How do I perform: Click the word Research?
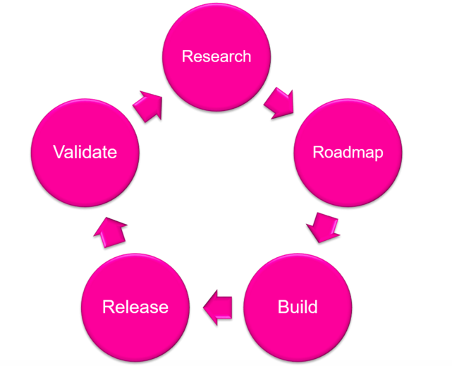click(x=216, y=57)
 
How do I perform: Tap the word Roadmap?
click(x=348, y=153)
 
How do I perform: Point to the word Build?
click(x=298, y=307)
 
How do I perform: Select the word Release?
click(x=135, y=307)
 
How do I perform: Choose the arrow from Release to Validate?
click(x=111, y=230)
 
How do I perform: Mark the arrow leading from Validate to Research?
click(x=148, y=105)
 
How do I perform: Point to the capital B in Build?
click(x=283, y=307)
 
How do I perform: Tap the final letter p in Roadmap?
click(x=379, y=155)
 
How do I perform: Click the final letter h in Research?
click(x=247, y=57)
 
